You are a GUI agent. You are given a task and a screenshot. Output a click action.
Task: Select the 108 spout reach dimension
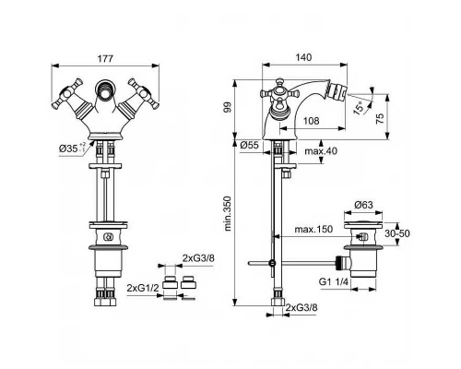tap(311, 119)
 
